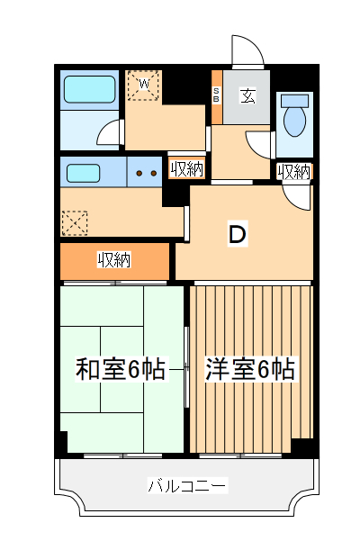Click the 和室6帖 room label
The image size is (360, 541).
(x=121, y=369)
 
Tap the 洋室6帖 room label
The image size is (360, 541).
(x=250, y=369)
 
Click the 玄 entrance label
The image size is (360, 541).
(x=247, y=95)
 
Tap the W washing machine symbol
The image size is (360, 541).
(x=142, y=86)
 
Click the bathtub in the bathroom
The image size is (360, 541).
(x=89, y=89)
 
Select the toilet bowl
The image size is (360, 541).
(x=294, y=117)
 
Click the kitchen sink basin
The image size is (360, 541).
(x=82, y=171)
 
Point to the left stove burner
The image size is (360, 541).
(x=139, y=172)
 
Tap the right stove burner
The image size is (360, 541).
(x=154, y=172)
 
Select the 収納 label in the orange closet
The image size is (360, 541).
(x=114, y=260)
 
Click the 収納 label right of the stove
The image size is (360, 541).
(x=186, y=168)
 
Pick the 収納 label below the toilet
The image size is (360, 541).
(x=294, y=171)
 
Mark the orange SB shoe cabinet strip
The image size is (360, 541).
(x=216, y=98)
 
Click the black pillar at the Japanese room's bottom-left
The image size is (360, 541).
(x=61, y=444)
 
